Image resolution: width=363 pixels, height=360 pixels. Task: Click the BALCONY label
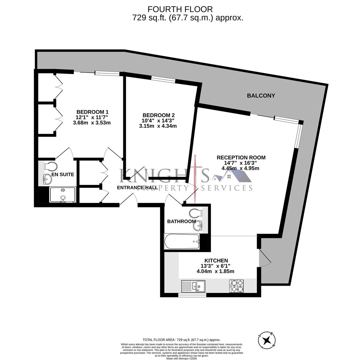tap(261, 96)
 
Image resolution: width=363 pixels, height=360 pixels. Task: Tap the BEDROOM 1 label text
tap(92, 112)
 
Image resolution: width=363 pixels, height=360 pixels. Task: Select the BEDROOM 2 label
tap(158, 115)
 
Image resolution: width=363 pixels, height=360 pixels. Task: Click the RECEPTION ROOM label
tap(241, 158)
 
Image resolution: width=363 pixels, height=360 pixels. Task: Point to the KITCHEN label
tap(216, 261)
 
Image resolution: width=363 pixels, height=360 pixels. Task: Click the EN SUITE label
tap(63, 174)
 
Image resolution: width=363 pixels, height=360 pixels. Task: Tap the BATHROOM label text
tap(181, 221)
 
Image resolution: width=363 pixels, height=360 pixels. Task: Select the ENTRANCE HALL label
tap(137, 188)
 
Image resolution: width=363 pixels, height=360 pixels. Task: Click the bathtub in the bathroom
tap(182, 241)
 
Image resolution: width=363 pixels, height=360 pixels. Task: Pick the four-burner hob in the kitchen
tap(236, 286)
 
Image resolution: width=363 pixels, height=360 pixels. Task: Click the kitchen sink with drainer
tap(193, 286)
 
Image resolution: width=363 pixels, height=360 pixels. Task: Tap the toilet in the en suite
tap(51, 166)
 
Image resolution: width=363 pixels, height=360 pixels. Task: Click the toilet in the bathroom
tap(195, 213)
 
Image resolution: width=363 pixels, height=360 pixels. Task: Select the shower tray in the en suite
tap(63, 195)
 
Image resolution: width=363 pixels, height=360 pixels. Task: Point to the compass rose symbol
tap(267, 340)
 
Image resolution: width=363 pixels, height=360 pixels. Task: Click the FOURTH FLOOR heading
tap(180, 9)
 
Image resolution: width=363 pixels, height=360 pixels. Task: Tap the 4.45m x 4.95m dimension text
tap(240, 168)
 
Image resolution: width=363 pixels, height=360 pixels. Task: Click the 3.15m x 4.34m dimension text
tap(158, 126)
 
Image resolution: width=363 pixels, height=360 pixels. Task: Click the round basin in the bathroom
tap(198, 226)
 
